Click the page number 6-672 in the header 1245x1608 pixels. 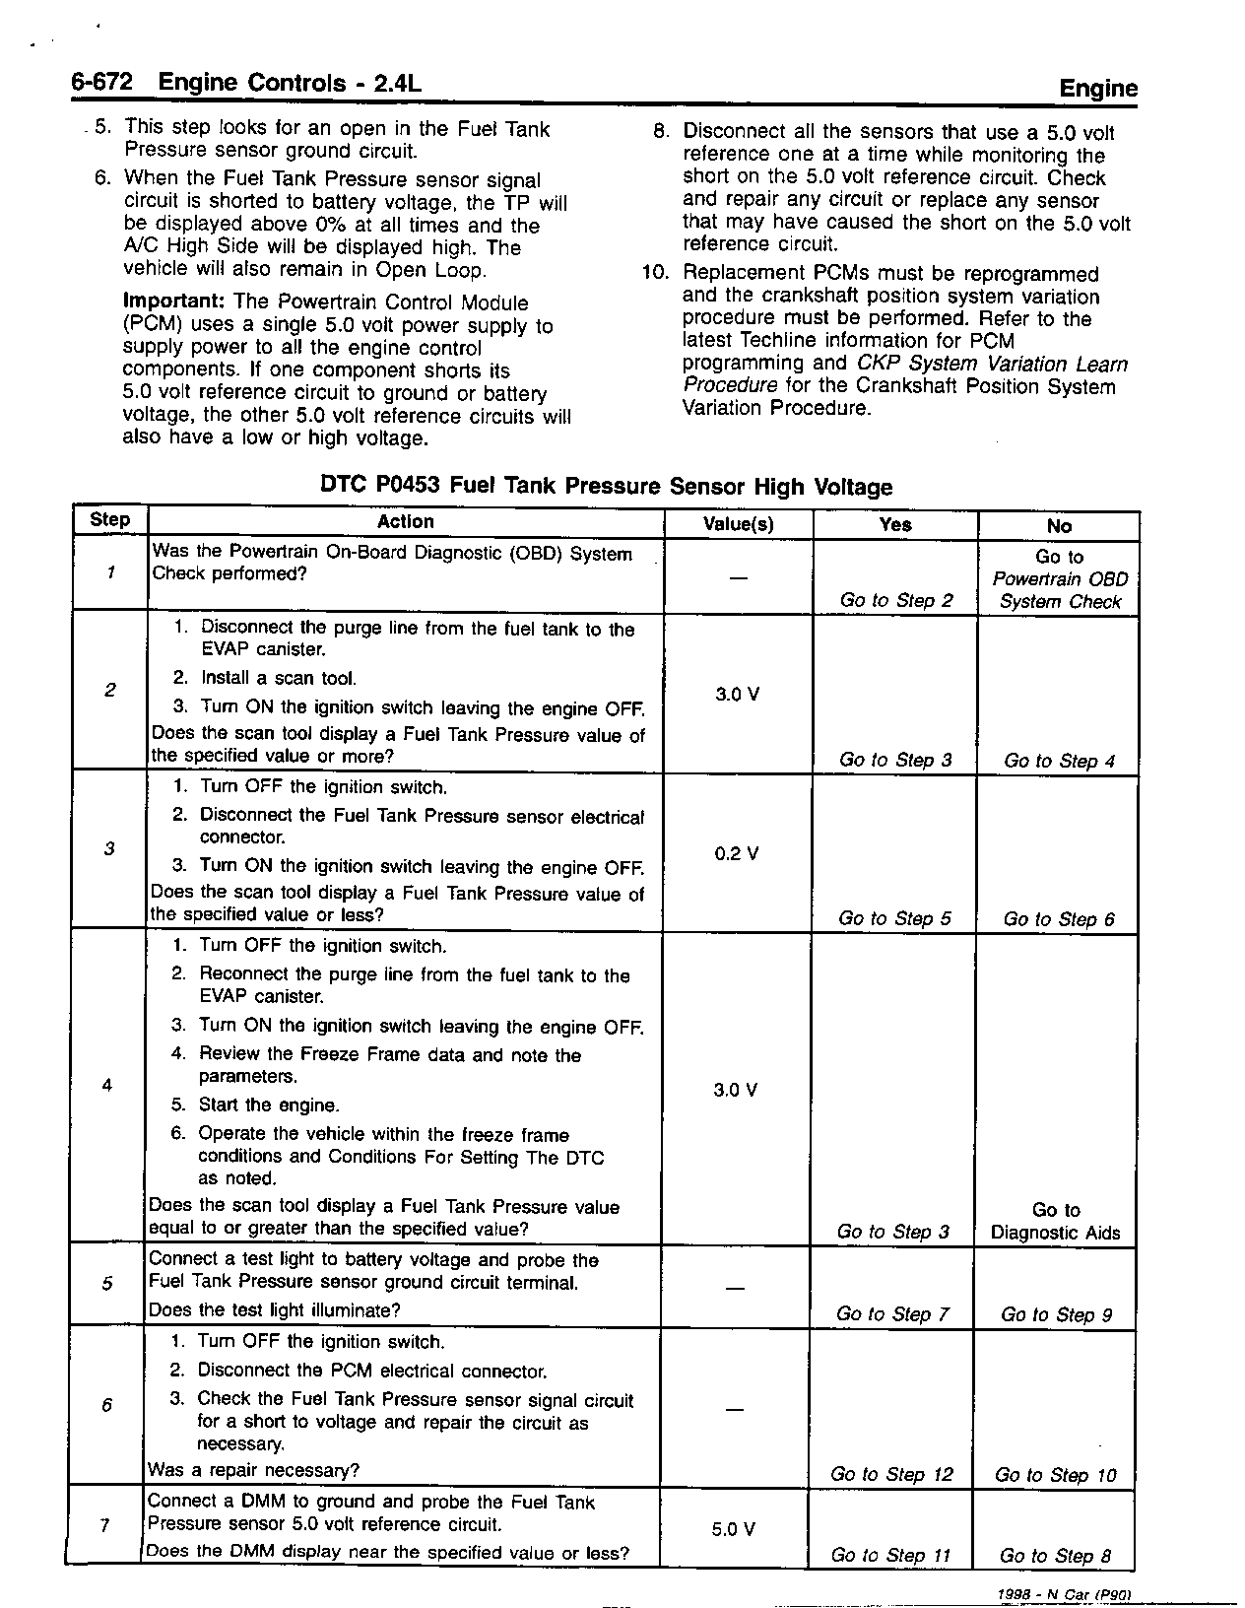pyautogui.click(x=101, y=83)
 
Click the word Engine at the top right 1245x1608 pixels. pyautogui.click(x=1097, y=89)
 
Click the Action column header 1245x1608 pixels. pyautogui.click(x=405, y=522)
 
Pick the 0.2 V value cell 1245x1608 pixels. pyautogui.click(x=736, y=853)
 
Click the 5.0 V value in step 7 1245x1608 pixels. pyautogui.click(x=733, y=1530)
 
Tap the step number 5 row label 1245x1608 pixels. pyautogui.click(x=107, y=1283)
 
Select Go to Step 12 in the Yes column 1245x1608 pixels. pyautogui.click(x=891, y=1474)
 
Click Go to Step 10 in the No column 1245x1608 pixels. pyautogui.click(x=1055, y=1475)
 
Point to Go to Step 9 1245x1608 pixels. pyautogui.click(x=1056, y=1314)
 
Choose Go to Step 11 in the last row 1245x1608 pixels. pyautogui.click(x=890, y=1556)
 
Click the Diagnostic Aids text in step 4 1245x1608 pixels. pyautogui.click(x=1055, y=1233)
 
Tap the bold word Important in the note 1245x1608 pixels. pyautogui.click(x=173, y=302)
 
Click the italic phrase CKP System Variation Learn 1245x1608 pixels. pyautogui.click(x=993, y=364)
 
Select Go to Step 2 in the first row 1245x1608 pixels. pyautogui.click(x=896, y=600)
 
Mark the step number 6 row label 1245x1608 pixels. pyautogui.click(x=107, y=1405)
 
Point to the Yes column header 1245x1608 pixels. pyautogui.click(x=894, y=525)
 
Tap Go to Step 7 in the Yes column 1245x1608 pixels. pyautogui.click(x=891, y=1313)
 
